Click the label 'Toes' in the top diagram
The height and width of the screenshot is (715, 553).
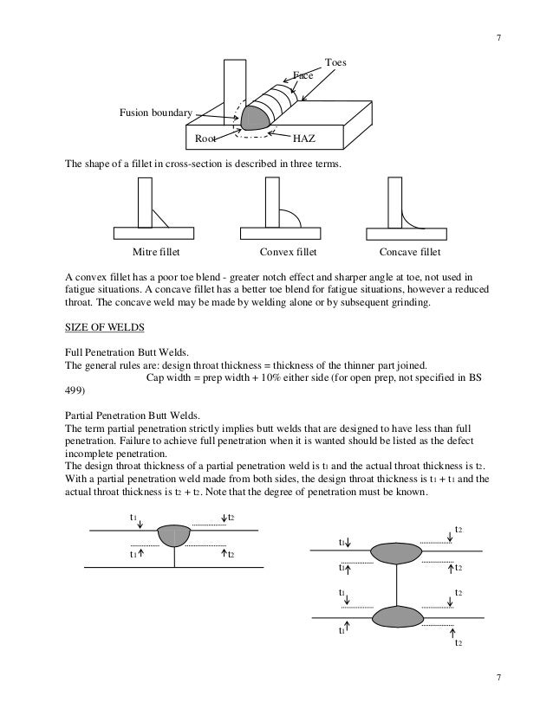(x=335, y=62)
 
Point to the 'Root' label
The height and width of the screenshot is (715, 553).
(x=205, y=138)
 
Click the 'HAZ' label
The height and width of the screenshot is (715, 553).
(x=304, y=138)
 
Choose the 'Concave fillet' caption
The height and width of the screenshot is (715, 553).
(x=410, y=253)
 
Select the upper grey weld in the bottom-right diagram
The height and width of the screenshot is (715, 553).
(x=396, y=551)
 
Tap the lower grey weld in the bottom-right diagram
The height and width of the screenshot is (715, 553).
(x=396, y=615)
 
